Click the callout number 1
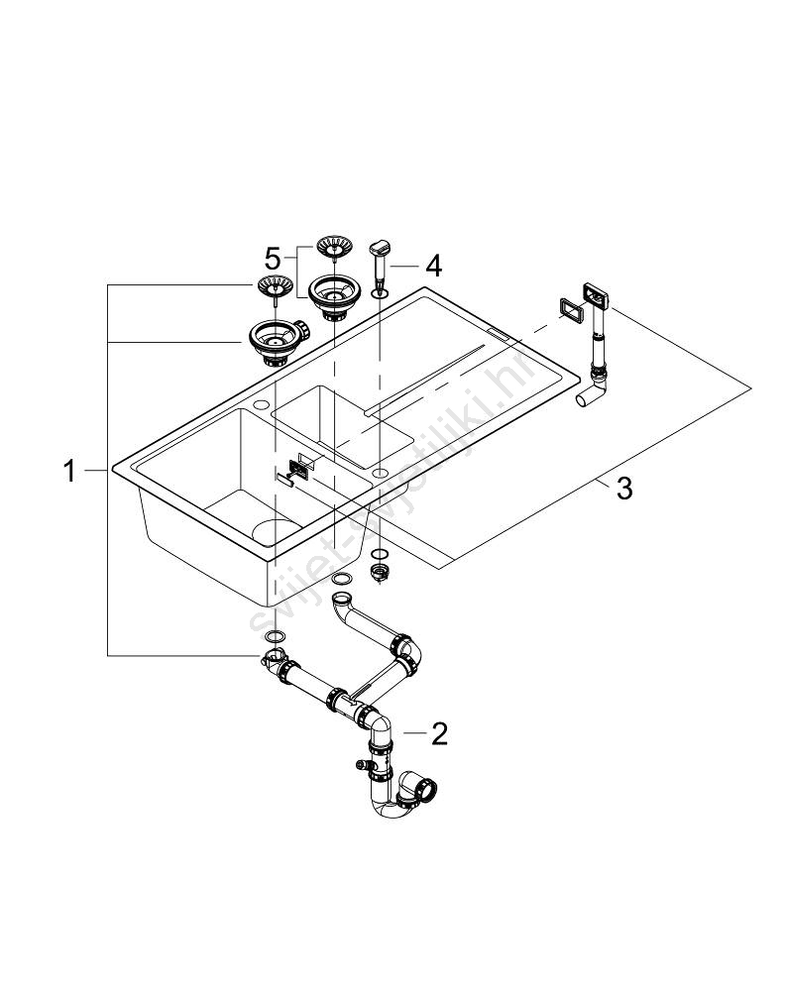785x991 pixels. (x=69, y=471)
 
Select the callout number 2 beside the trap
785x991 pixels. (x=439, y=733)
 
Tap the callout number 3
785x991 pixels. (x=623, y=488)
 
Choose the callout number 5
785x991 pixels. (x=273, y=260)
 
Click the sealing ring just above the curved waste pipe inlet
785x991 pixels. (x=342, y=578)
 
